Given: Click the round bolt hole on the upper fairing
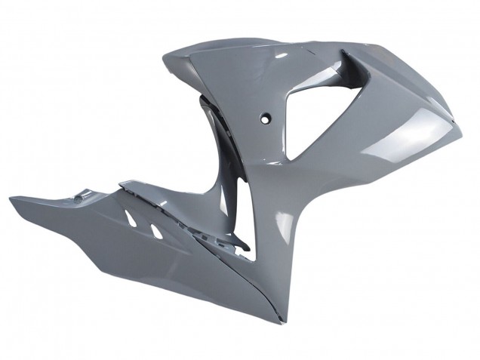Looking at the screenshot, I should tap(266, 119).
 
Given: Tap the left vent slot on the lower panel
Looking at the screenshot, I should tap(133, 220).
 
